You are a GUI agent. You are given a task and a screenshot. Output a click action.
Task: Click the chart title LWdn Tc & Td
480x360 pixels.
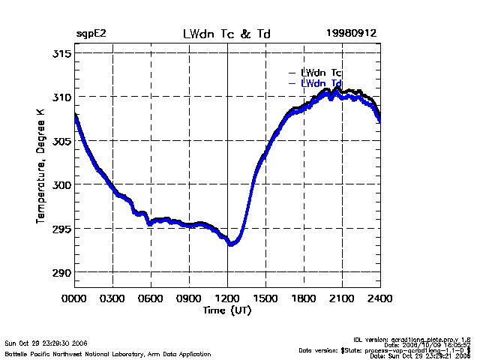tap(226, 34)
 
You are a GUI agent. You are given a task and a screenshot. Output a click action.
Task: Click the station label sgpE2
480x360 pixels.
tap(92, 34)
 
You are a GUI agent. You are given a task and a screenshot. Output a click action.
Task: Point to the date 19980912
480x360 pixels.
tap(351, 34)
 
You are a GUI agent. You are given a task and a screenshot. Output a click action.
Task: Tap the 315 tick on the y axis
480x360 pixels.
tap(61, 54)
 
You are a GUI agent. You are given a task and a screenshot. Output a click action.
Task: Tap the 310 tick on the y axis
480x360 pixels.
tap(61, 97)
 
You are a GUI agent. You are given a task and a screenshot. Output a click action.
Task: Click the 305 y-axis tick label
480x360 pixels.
tap(61, 141)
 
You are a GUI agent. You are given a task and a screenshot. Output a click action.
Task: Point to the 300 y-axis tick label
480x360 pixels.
tap(61, 184)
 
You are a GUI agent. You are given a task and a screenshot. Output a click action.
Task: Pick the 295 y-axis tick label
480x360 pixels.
tap(61, 228)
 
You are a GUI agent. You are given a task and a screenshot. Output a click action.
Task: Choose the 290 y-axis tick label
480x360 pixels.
tap(61, 271)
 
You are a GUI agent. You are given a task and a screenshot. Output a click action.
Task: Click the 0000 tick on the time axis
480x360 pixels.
tap(75, 298)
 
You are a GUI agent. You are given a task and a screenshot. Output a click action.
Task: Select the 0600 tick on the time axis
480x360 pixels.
tap(151, 298)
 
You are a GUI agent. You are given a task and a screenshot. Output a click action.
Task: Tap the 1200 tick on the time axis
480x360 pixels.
tap(227, 298)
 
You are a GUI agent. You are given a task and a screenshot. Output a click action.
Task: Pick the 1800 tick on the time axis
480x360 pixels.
tap(304, 298)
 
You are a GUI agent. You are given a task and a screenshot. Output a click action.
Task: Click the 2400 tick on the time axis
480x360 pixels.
tap(379, 298)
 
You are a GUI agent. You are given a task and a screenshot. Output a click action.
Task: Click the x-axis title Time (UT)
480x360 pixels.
tap(226, 309)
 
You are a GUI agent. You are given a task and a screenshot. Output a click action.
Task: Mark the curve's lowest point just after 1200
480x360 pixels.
tap(232, 244)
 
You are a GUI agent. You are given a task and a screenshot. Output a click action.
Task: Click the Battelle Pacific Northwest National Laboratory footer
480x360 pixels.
tap(108, 353)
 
